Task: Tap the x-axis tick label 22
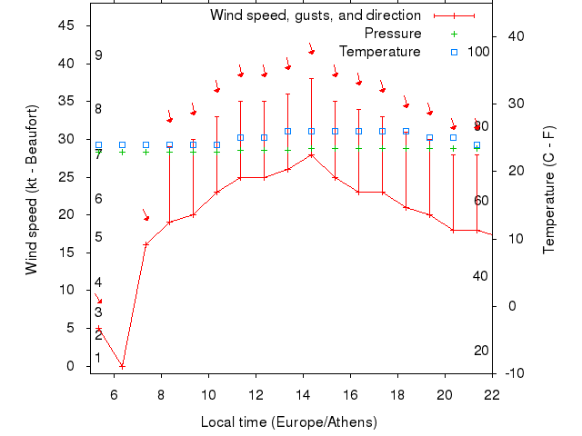tap(492, 394)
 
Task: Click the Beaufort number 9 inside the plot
tap(98, 55)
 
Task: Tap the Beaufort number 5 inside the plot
tap(98, 237)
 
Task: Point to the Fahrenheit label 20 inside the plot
tap(482, 351)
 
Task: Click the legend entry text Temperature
tap(380, 52)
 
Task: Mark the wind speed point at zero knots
tap(122, 366)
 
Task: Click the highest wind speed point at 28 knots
tap(311, 154)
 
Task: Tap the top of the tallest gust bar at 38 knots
tap(311, 78)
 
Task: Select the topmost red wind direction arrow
tap(311, 49)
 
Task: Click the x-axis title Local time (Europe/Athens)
tap(288, 422)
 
